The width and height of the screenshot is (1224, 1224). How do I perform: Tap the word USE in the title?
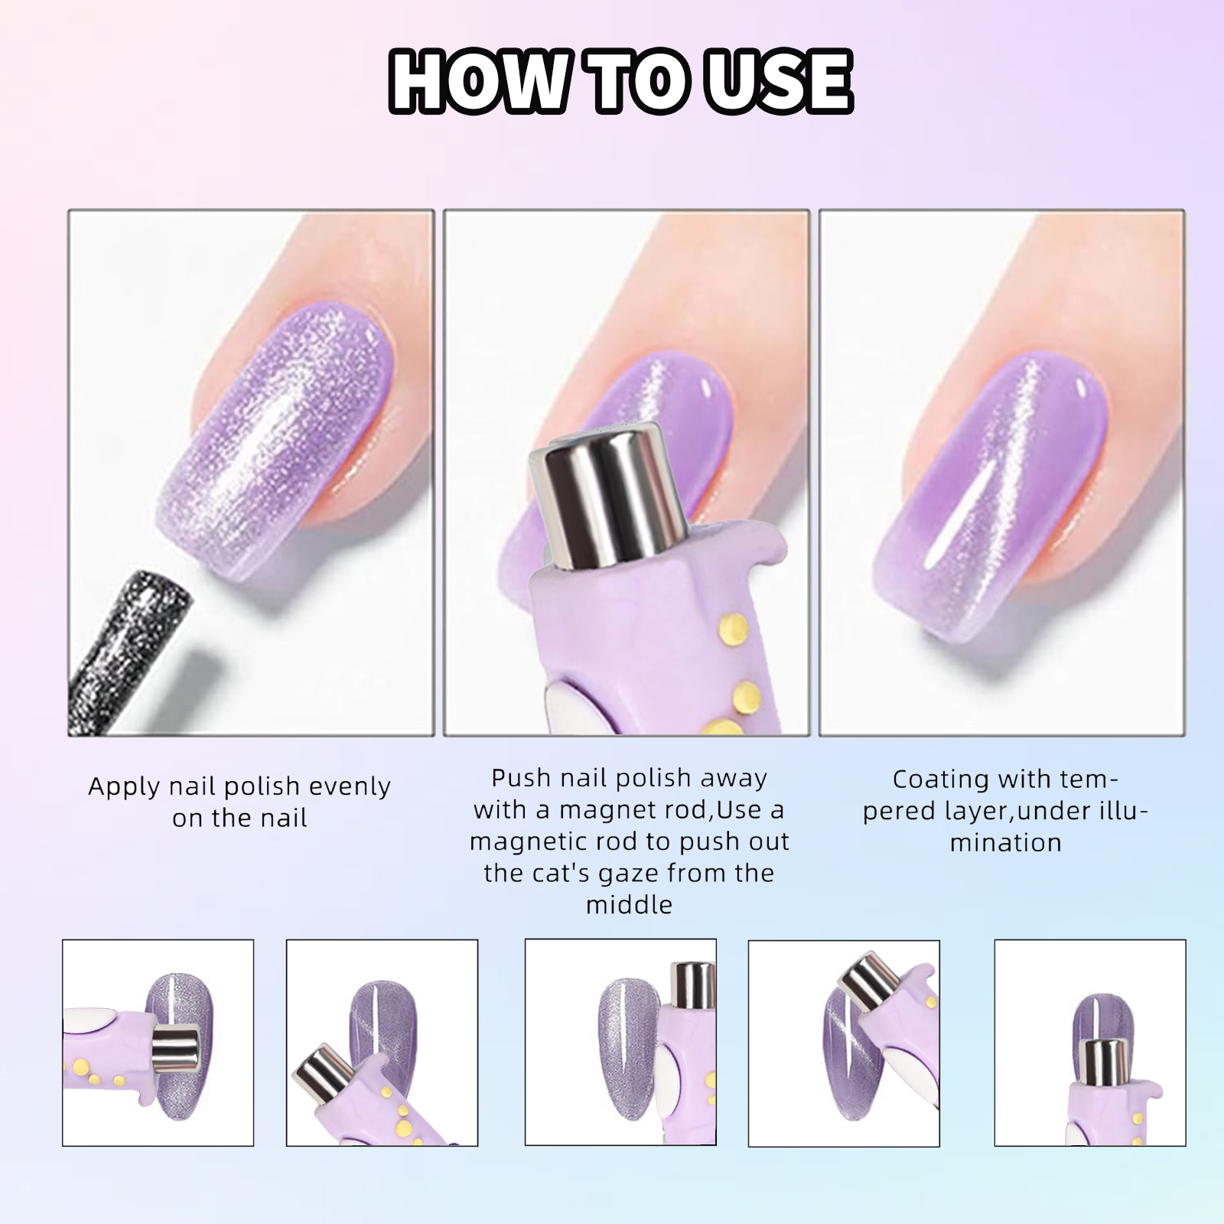(778, 81)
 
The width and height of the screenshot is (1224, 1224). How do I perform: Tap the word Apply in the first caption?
(125, 787)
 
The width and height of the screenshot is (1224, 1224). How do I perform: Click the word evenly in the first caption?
(348, 786)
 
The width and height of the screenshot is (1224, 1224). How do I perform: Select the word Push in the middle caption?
(522, 778)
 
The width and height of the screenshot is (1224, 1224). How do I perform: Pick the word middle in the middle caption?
(629, 905)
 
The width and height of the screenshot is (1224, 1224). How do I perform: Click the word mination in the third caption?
(1006, 843)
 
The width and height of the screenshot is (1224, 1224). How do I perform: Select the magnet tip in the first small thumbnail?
(175, 1048)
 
